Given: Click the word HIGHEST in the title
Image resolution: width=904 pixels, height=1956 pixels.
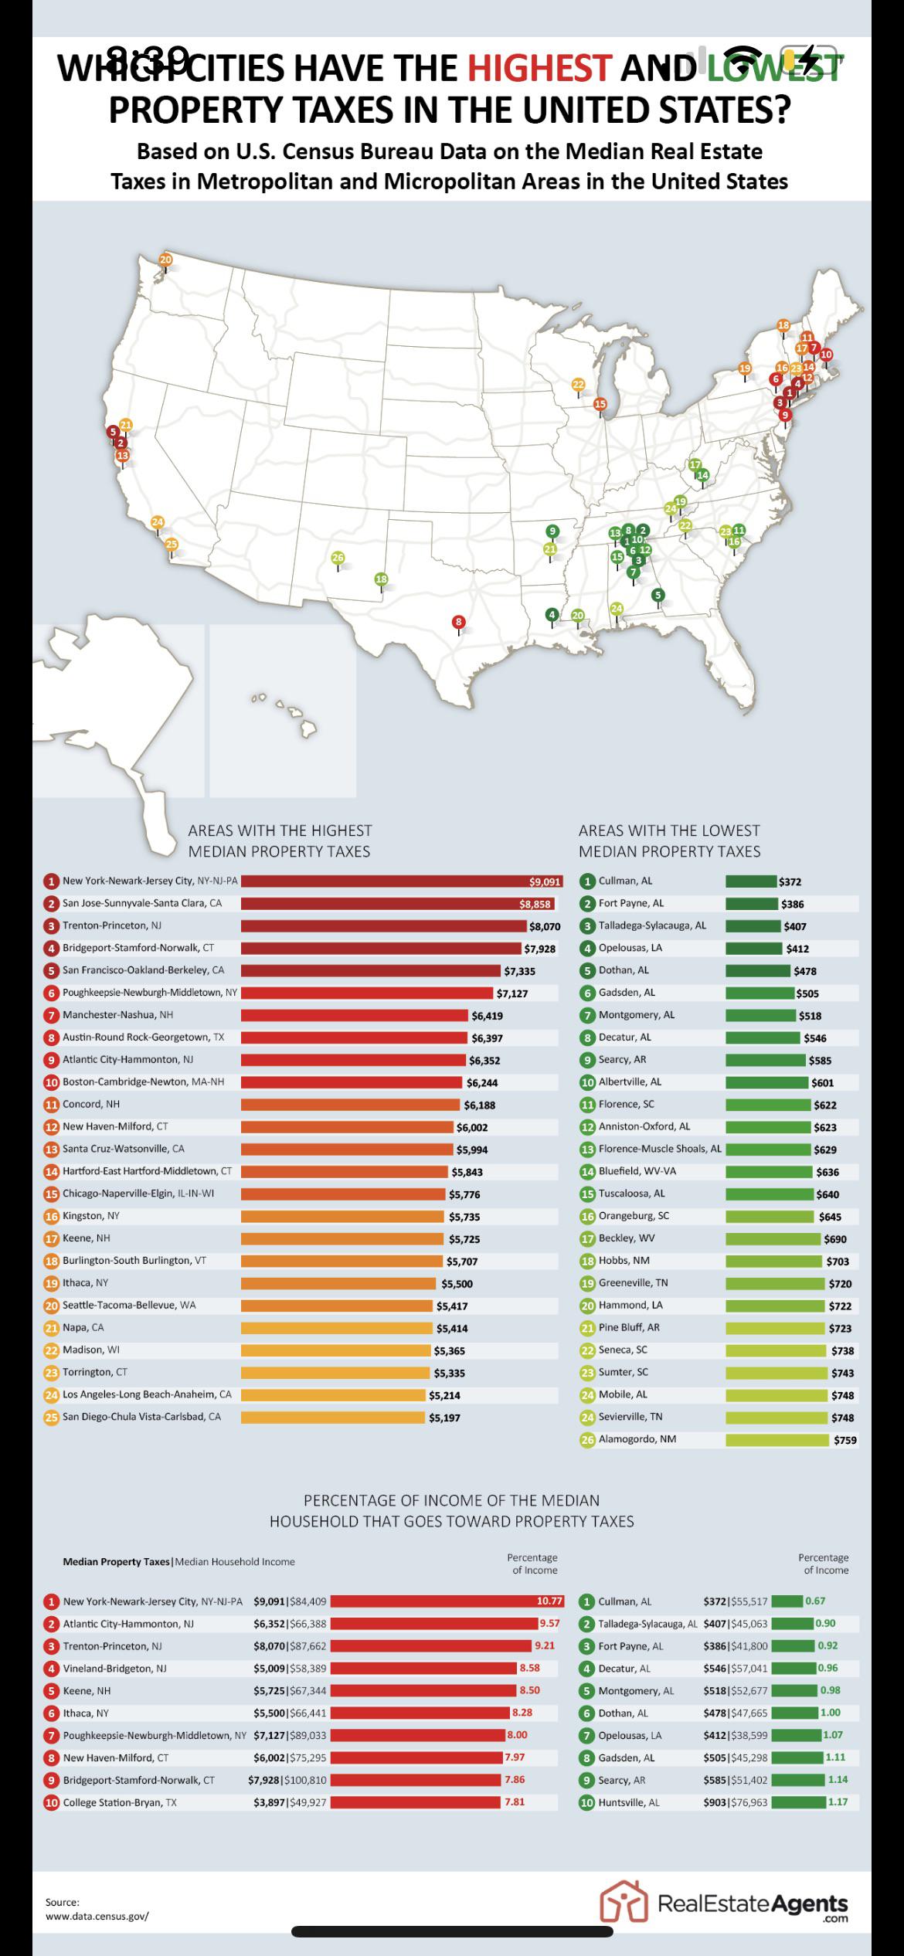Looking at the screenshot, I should (540, 68).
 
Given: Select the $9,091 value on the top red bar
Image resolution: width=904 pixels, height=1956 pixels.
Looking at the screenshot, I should (544, 881).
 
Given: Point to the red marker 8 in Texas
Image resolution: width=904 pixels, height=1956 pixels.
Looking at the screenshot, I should (459, 622).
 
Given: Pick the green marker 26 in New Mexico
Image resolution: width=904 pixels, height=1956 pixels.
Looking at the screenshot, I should (338, 558).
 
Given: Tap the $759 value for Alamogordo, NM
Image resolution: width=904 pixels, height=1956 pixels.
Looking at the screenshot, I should (845, 1440).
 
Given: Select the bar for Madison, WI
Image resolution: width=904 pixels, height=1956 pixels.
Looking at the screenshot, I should (335, 1350).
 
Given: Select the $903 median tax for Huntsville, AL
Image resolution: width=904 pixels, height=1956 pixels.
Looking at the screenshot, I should (715, 1802).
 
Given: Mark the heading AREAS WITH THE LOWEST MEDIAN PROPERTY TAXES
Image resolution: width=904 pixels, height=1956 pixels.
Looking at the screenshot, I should (669, 840).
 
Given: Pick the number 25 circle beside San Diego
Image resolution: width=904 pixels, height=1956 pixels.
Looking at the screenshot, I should (52, 1418).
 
